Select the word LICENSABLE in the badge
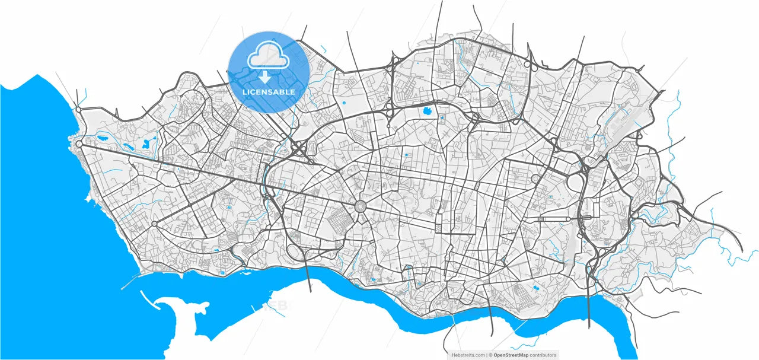(x=269, y=93)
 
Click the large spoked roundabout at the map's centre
(x=360, y=207)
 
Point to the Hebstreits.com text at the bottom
(x=468, y=355)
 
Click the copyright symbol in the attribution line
(x=490, y=355)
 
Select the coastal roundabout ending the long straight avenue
(x=79, y=144)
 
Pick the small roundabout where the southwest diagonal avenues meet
(x=154, y=224)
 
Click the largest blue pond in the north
(x=426, y=110)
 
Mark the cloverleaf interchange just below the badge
(x=300, y=149)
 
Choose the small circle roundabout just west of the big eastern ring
(x=535, y=178)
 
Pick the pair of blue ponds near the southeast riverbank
(x=536, y=288)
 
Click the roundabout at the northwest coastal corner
(x=78, y=109)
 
